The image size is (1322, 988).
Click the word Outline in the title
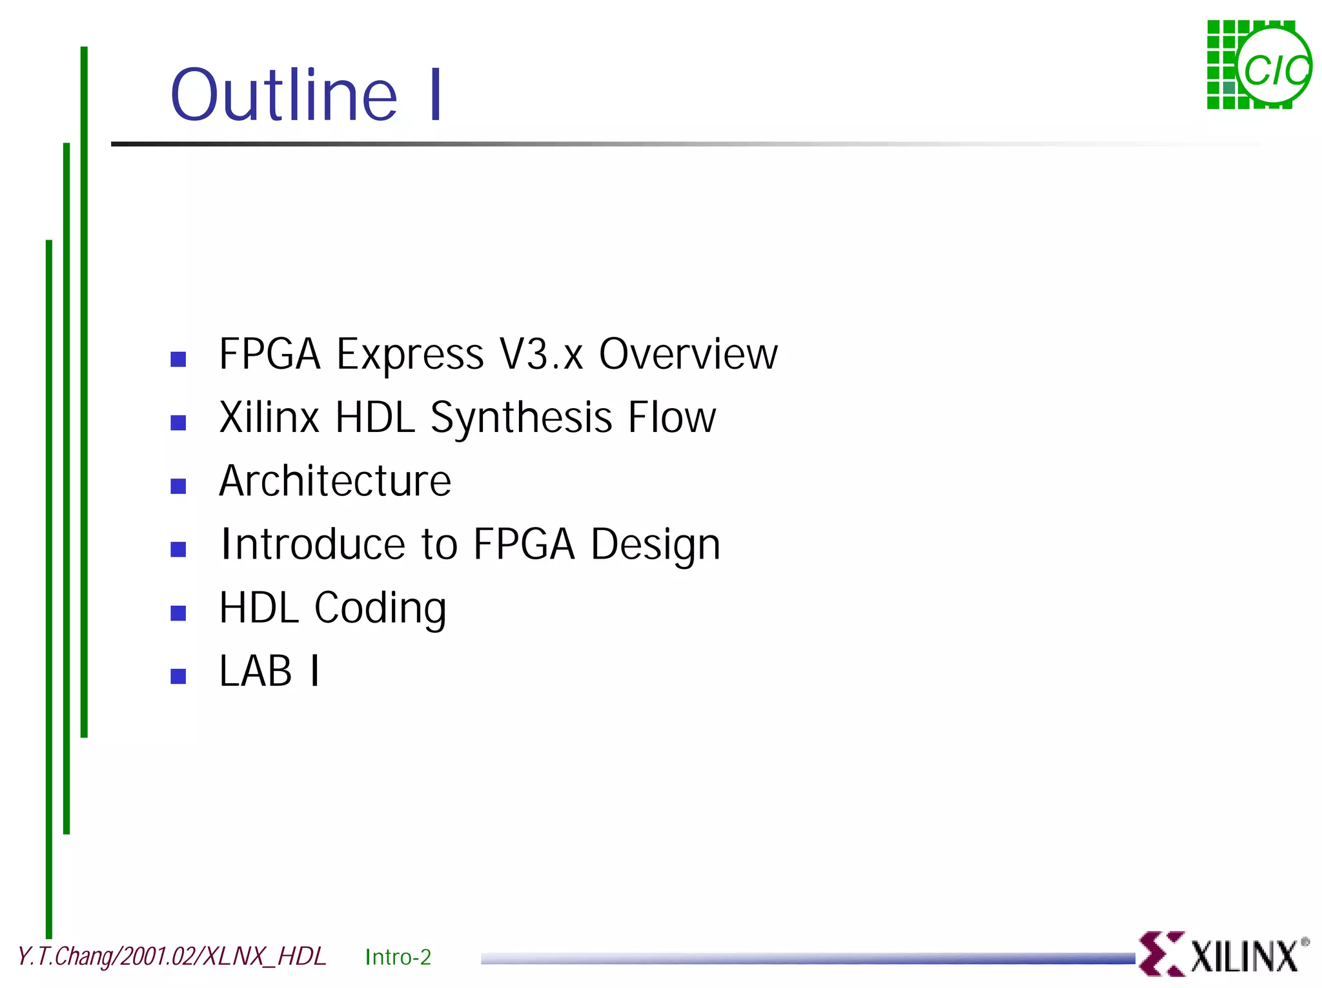point(283,96)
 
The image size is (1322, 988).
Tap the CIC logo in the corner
point(1259,65)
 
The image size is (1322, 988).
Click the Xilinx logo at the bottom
point(1223,954)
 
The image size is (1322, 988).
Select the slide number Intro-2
point(398,956)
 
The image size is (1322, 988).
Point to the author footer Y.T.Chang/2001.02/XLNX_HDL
point(172,956)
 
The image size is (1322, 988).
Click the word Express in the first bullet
point(410,355)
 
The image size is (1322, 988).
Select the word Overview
point(688,355)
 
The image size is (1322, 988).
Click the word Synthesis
point(521,418)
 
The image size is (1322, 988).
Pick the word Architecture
point(335,481)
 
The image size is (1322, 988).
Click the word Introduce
point(313,544)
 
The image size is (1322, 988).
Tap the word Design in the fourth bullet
point(655,545)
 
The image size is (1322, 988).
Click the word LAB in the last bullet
point(255,671)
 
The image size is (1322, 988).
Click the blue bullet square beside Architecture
point(178,486)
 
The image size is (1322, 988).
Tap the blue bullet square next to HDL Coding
point(178,613)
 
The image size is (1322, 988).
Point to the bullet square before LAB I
point(178,676)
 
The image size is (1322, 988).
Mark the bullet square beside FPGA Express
point(178,359)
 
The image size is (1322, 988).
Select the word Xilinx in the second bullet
point(269,418)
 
